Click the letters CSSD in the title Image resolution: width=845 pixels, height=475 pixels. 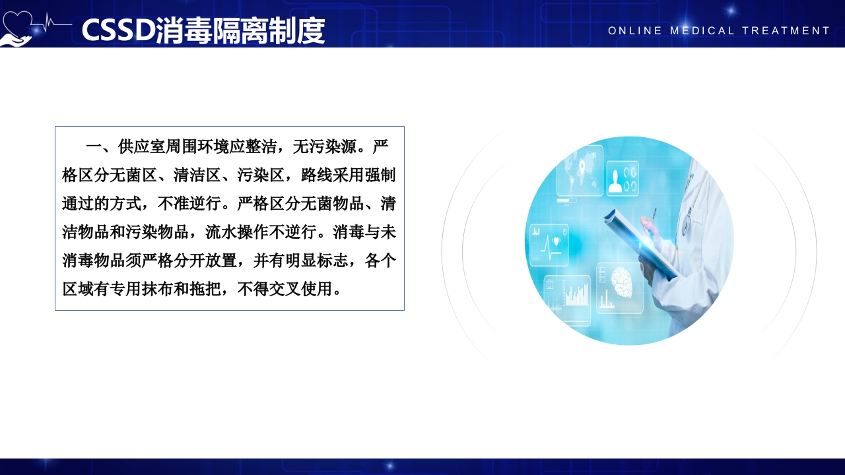(118, 30)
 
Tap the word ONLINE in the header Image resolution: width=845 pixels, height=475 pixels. (635, 31)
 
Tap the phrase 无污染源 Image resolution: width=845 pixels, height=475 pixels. (324, 146)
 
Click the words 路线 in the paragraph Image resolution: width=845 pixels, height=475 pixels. (316, 175)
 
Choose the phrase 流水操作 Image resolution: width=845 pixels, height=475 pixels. (237, 232)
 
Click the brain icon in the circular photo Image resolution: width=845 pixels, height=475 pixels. (622, 282)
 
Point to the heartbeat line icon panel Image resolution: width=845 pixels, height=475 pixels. (549, 243)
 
